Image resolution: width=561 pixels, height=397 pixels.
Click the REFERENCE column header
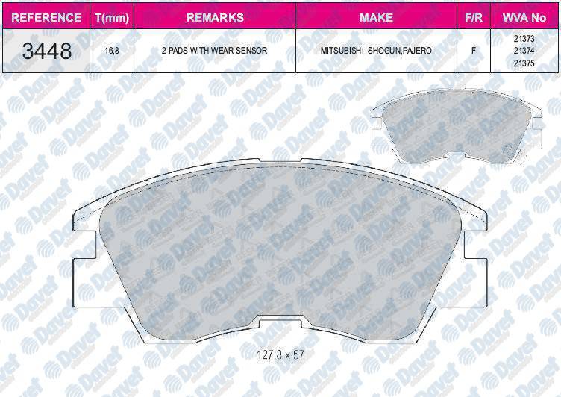point(46,18)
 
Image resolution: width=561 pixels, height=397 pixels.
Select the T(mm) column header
point(112,18)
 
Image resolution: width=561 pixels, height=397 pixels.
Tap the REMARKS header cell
point(215,18)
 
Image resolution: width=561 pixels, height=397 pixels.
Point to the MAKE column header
point(377,18)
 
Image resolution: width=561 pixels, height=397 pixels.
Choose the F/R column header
point(473,18)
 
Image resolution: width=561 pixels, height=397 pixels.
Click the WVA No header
point(524,18)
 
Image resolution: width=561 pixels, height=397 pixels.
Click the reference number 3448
point(47,51)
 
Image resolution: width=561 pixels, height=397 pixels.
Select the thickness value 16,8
point(112,51)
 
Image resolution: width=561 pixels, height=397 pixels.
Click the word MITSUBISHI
point(342,51)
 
